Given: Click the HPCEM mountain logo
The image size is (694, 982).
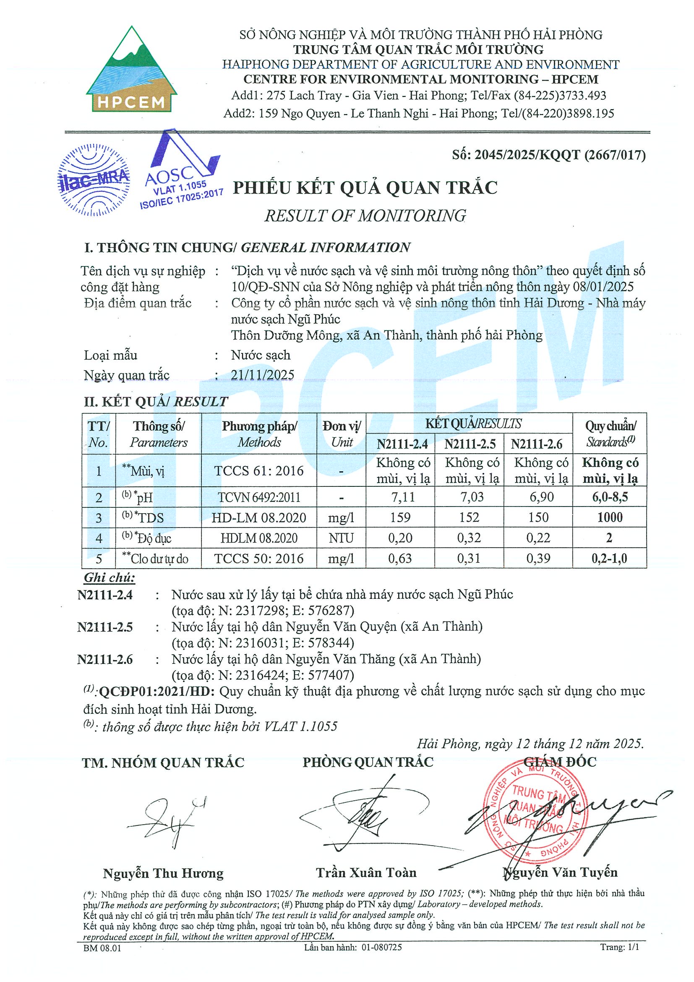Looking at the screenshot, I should [x=132, y=70].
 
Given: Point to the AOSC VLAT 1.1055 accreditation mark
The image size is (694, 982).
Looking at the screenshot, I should [x=182, y=171].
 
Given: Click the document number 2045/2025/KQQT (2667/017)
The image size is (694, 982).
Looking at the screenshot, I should [x=549, y=155].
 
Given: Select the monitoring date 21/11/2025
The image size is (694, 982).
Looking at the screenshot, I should [x=263, y=375].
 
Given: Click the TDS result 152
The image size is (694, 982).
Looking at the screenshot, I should [x=469, y=517].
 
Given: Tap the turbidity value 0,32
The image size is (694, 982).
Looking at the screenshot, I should [x=469, y=538].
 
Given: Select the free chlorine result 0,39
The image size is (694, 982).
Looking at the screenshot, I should [x=538, y=559].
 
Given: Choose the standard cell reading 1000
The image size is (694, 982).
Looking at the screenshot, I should [x=610, y=517].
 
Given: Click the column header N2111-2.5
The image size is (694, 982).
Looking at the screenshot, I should [x=470, y=444].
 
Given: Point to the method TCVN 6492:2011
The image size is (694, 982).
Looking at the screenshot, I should [x=259, y=497].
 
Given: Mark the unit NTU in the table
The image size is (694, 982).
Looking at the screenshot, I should [x=341, y=538].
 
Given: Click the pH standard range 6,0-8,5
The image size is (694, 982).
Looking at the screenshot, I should [x=610, y=497].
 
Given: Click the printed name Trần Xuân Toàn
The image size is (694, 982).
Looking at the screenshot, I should [x=366, y=872].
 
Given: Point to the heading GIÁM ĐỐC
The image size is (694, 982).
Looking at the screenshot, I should [x=560, y=762].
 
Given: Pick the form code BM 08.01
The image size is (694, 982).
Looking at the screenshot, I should [x=102, y=948].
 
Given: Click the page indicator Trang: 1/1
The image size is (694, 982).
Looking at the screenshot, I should [x=620, y=947].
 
